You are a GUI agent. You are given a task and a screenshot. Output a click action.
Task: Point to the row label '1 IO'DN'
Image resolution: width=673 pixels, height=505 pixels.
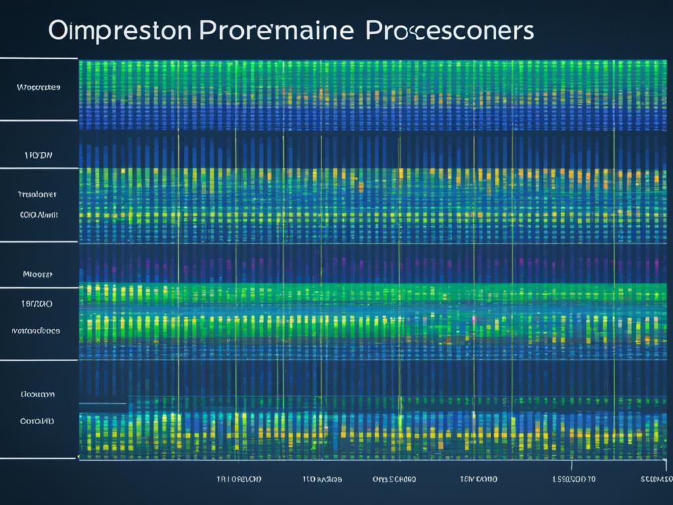click(x=38, y=156)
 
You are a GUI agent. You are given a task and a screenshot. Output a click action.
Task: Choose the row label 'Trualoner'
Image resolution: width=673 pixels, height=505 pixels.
click(x=37, y=194)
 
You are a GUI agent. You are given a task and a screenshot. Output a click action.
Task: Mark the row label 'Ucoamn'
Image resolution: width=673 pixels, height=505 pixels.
click(x=37, y=395)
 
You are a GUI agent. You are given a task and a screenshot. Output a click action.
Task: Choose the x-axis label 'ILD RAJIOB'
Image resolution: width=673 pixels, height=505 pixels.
click(x=322, y=479)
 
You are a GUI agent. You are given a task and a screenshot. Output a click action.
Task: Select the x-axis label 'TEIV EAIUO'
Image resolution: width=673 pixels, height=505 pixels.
click(x=478, y=479)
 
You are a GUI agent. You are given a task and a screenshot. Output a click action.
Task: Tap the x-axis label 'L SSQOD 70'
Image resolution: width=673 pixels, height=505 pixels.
click(x=574, y=479)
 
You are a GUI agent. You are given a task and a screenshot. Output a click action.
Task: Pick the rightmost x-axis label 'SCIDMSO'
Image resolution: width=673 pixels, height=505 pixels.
click(x=656, y=479)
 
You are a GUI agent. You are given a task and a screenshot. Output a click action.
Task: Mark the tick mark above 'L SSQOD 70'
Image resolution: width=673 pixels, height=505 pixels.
click(x=572, y=465)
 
